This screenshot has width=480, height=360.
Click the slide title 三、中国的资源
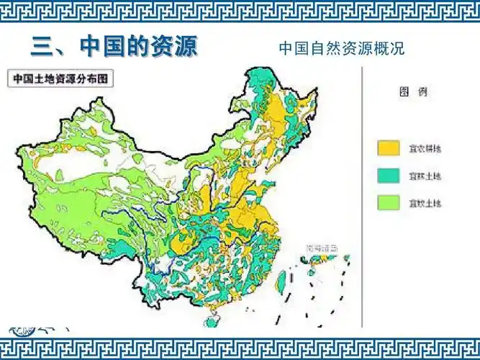[x=113, y=48]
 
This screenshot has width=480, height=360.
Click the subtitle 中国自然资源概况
[x=341, y=49]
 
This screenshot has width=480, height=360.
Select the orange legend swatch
[x=389, y=148]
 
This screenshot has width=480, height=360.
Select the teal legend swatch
[x=389, y=175]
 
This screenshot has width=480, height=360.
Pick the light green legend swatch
[x=389, y=203]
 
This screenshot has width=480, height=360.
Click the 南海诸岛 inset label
[x=320, y=247]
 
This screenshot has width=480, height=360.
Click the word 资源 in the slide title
[x=173, y=48]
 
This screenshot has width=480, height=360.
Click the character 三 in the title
[x=42, y=48]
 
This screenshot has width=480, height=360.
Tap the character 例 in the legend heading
[x=416, y=93]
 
